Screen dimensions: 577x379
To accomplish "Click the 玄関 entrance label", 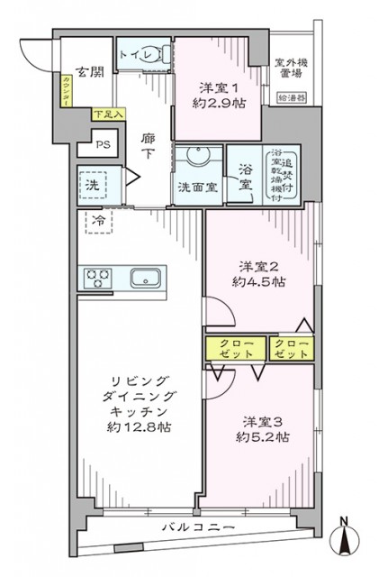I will pos(87,72).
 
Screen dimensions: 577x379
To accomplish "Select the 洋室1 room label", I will pos(220,87).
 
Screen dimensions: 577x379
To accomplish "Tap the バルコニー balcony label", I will pos(198,527).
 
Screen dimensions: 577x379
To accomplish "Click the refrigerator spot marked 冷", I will pos(97,219).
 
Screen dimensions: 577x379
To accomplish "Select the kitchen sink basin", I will pos(144,278).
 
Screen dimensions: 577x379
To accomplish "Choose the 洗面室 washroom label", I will pos(195,188).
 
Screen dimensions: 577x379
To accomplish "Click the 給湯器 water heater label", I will pos(292,96).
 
